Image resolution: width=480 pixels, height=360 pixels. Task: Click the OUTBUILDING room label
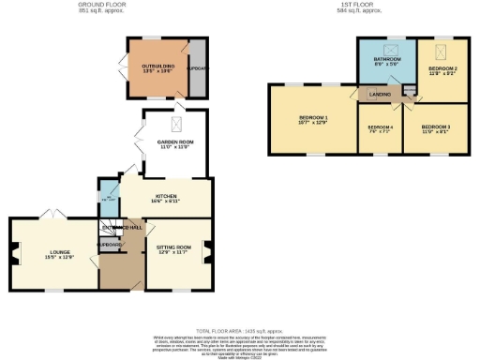click(x=154, y=67)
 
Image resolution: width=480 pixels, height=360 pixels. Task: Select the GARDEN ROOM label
click(x=172, y=143)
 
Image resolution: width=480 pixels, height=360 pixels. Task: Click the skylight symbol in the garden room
click(x=173, y=124)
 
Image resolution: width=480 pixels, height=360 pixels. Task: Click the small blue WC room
click(x=105, y=199)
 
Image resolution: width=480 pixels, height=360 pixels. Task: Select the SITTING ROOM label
click(x=174, y=250)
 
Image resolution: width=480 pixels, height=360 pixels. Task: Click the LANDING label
click(x=380, y=94)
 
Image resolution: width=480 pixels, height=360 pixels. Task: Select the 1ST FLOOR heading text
click(x=359, y=6)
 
